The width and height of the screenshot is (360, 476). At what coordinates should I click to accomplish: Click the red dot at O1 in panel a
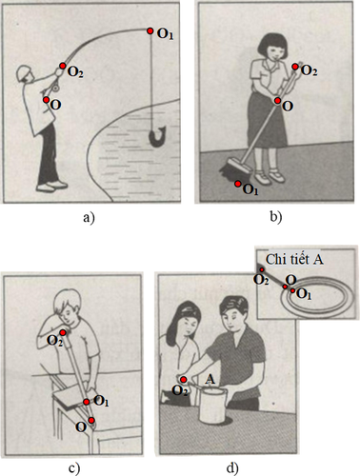pos(150,30)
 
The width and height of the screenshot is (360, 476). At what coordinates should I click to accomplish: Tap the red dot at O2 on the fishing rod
pos(63,66)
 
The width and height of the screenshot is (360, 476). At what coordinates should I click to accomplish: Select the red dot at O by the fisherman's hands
pos(47,100)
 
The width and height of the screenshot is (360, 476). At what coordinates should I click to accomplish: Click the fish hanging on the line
pos(157,136)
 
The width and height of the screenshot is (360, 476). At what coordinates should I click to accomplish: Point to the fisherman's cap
pos(23,72)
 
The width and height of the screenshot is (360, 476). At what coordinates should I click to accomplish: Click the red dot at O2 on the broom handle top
pos(295,67)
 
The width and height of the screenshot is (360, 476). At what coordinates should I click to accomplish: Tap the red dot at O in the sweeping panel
pos(278,101)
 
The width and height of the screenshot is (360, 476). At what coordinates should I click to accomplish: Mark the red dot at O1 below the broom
pos(238,184)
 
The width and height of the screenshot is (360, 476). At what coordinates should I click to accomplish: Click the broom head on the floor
pos(235,169)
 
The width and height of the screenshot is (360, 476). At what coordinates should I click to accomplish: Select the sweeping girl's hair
pos(273,44)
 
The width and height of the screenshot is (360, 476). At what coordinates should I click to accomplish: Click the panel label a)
pos(89,218)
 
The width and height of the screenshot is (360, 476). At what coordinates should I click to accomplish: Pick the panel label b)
pos(275,217)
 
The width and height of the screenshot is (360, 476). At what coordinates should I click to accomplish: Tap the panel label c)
pos(74,468)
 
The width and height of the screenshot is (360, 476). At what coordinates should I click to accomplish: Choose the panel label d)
pos(232,468)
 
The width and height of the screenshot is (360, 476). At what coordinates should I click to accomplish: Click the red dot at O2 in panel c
pos(63,332)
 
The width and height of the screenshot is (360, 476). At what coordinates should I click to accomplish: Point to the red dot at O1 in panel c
pos(87,402)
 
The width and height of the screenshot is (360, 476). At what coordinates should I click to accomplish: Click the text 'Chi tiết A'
pos(294,260)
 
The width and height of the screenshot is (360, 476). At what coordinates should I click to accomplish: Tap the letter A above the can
pos(210,379)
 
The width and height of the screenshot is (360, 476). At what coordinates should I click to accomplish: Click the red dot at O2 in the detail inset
pos(262,269)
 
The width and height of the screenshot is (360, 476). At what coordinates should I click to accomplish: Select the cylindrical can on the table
pos(213,406)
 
